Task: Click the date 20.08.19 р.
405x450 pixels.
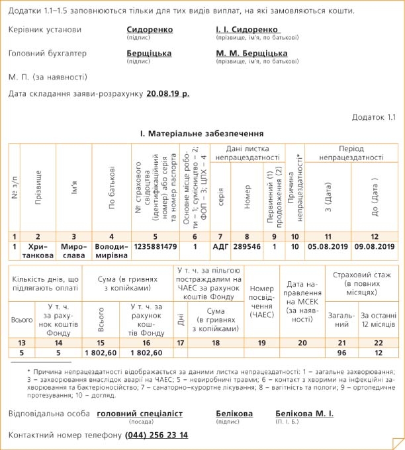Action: [x=167, y=94]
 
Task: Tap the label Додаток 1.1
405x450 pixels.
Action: [x=373, y=117]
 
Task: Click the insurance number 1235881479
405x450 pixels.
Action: [x=156, y=246]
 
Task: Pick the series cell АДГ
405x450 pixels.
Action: [x=220, y=246]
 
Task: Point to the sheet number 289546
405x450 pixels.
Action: [x=247, y=246]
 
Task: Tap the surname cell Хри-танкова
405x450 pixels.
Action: [x=38, y=251]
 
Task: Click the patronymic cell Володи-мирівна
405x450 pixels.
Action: [x=111, y=251]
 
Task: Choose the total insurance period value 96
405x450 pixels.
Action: [x=342, y=353]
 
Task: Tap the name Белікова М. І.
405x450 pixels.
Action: [x=304, y=414]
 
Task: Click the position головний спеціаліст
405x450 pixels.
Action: [x=140, y=414]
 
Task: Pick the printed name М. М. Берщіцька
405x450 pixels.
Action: [x=251, y=53]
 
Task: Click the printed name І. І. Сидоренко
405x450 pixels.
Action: [x=247, y=30]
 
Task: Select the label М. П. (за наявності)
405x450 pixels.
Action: [x=48, y=76]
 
